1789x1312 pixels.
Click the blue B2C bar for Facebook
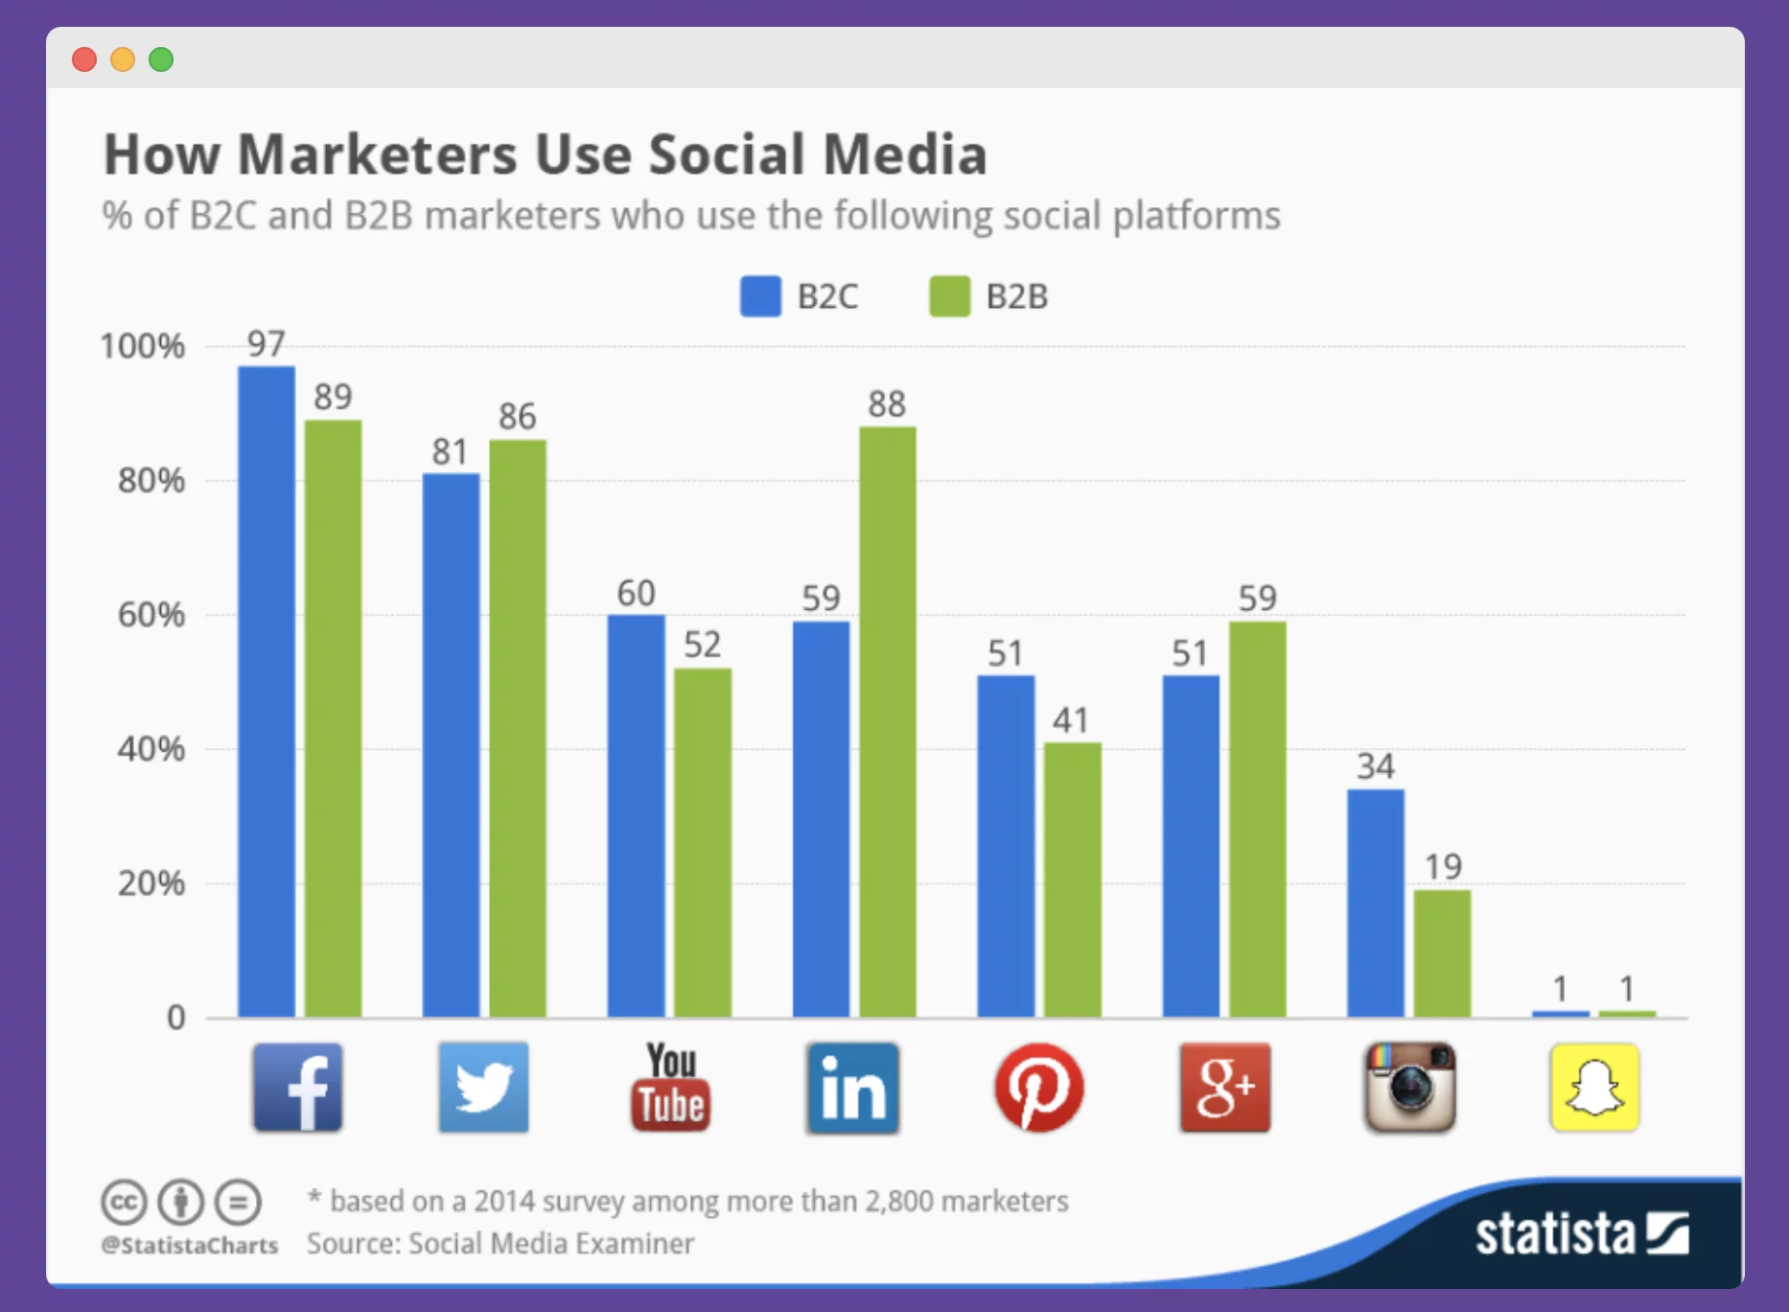tap(267, 691)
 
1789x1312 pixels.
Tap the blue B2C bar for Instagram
tap(1375, 902)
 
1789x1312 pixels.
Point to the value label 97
tap(267, 343)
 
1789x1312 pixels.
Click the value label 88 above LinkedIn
tap(887, 404)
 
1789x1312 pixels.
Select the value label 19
tap(1443, 867)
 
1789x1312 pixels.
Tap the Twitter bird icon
tap(483, 1088)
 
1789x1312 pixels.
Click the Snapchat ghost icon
tap(1594, 1088)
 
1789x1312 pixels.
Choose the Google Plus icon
tap(1224, 1088)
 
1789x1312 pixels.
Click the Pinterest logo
tap(1039, 1088)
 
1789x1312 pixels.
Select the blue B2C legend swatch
tap(760, 296)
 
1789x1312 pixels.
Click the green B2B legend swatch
tap(949, 296)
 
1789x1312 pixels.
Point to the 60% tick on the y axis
tap(151, 615)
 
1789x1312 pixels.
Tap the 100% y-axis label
tap(143, 346)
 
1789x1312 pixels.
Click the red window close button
tap(84, 59)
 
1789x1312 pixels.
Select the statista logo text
tap(1554, 1233)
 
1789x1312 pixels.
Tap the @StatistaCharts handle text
tap(190, 1245)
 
